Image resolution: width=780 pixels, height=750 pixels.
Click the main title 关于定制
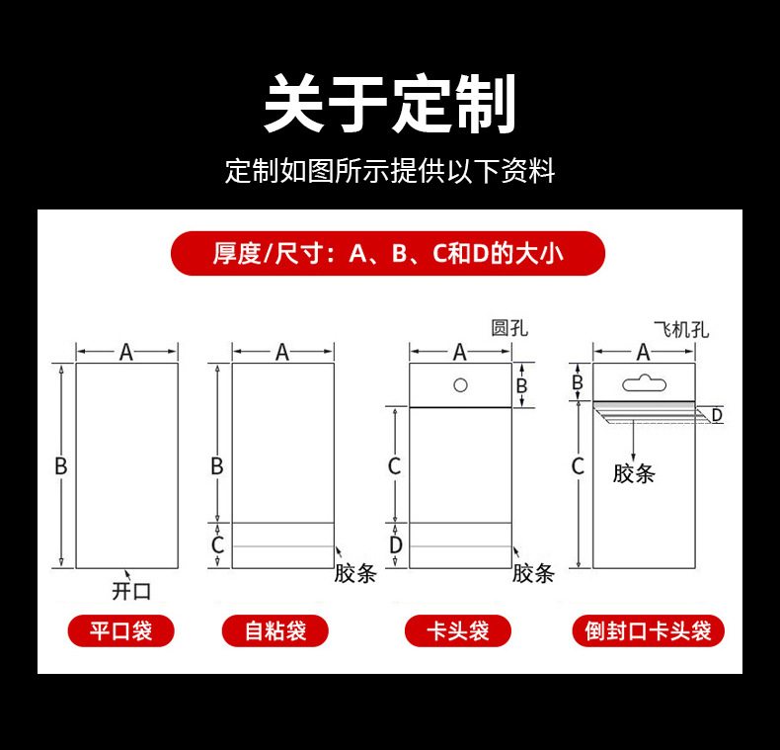point(390,104)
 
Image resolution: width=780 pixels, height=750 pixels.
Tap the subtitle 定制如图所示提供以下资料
point(390,171)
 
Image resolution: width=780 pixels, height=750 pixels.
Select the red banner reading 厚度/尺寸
point(388,253)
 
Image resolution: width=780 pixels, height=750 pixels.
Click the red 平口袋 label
point(120,631)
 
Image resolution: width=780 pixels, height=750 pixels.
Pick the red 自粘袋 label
point(275,631)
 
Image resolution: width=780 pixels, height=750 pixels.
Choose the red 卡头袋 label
point(458,631)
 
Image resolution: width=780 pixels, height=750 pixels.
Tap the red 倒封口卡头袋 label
point(648,631)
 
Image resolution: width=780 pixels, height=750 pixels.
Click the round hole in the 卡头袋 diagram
point(461,385)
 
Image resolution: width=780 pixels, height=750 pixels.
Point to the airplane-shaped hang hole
point(644,383)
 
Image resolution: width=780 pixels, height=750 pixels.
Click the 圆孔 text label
point(509,328)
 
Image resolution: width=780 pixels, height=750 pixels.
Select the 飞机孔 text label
point(681,330)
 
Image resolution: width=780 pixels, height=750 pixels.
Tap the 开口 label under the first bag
point(131,591)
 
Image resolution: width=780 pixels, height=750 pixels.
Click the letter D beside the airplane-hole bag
point(717,415)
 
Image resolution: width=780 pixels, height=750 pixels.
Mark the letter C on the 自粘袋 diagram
point(217,545)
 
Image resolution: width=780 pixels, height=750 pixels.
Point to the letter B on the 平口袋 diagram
point(60,466)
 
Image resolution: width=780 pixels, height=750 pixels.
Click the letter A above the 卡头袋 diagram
point(460,352)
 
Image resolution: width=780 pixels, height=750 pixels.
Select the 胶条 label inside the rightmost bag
point(634,473)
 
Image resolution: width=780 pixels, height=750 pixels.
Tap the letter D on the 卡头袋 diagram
point(396,545)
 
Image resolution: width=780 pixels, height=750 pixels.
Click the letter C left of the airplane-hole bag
point(578,466)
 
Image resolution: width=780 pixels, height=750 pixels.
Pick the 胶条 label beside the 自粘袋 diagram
point(355,573)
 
